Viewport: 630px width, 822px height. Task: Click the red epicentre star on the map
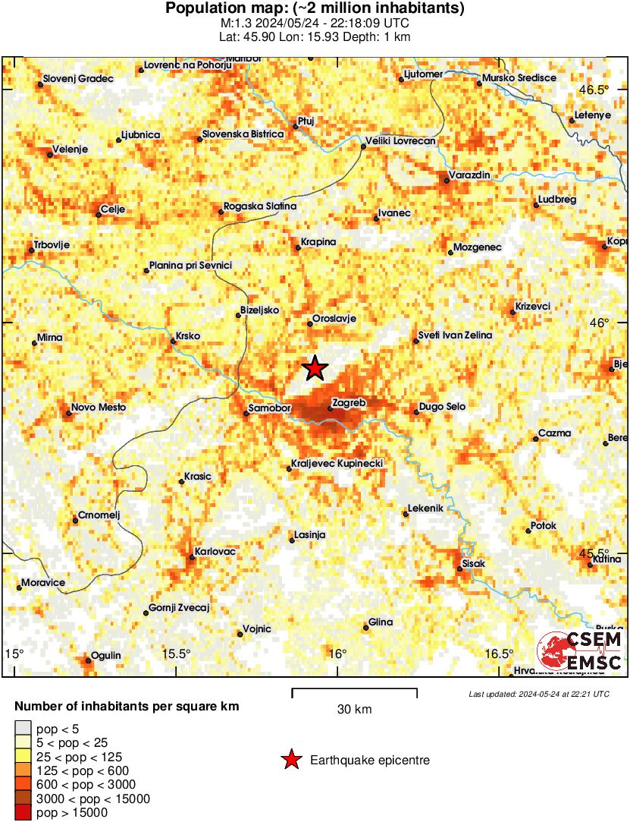point(315,369)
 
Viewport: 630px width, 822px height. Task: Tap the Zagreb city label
point(349,403)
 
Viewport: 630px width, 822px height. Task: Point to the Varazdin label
point(469,175)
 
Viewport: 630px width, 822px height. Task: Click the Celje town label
point(113,209)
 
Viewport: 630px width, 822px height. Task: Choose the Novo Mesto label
point(99,408)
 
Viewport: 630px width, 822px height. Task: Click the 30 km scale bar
point(354,690)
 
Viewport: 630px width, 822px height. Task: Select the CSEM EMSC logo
point(580,652)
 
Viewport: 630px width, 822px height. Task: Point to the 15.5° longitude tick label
point(177,654)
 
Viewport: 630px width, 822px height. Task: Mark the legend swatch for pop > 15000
point(23,813)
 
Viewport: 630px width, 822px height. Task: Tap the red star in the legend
point(290,760)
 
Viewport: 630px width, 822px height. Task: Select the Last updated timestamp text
point(538,694)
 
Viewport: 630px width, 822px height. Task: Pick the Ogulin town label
point(106,655)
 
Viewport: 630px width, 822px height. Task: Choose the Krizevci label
point(532,306)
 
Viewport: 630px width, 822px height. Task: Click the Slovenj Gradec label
point(77,78)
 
